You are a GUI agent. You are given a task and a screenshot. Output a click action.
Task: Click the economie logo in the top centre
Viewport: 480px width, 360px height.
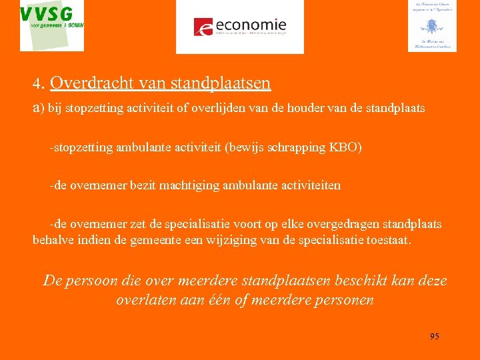239,27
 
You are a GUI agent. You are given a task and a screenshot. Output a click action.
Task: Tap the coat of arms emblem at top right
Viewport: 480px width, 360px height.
432,27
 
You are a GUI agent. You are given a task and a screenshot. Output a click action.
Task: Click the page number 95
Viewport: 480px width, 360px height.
434,336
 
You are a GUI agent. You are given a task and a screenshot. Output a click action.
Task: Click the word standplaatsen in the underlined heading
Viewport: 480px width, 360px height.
221,83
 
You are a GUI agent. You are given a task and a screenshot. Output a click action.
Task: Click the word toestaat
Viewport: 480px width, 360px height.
389,239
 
